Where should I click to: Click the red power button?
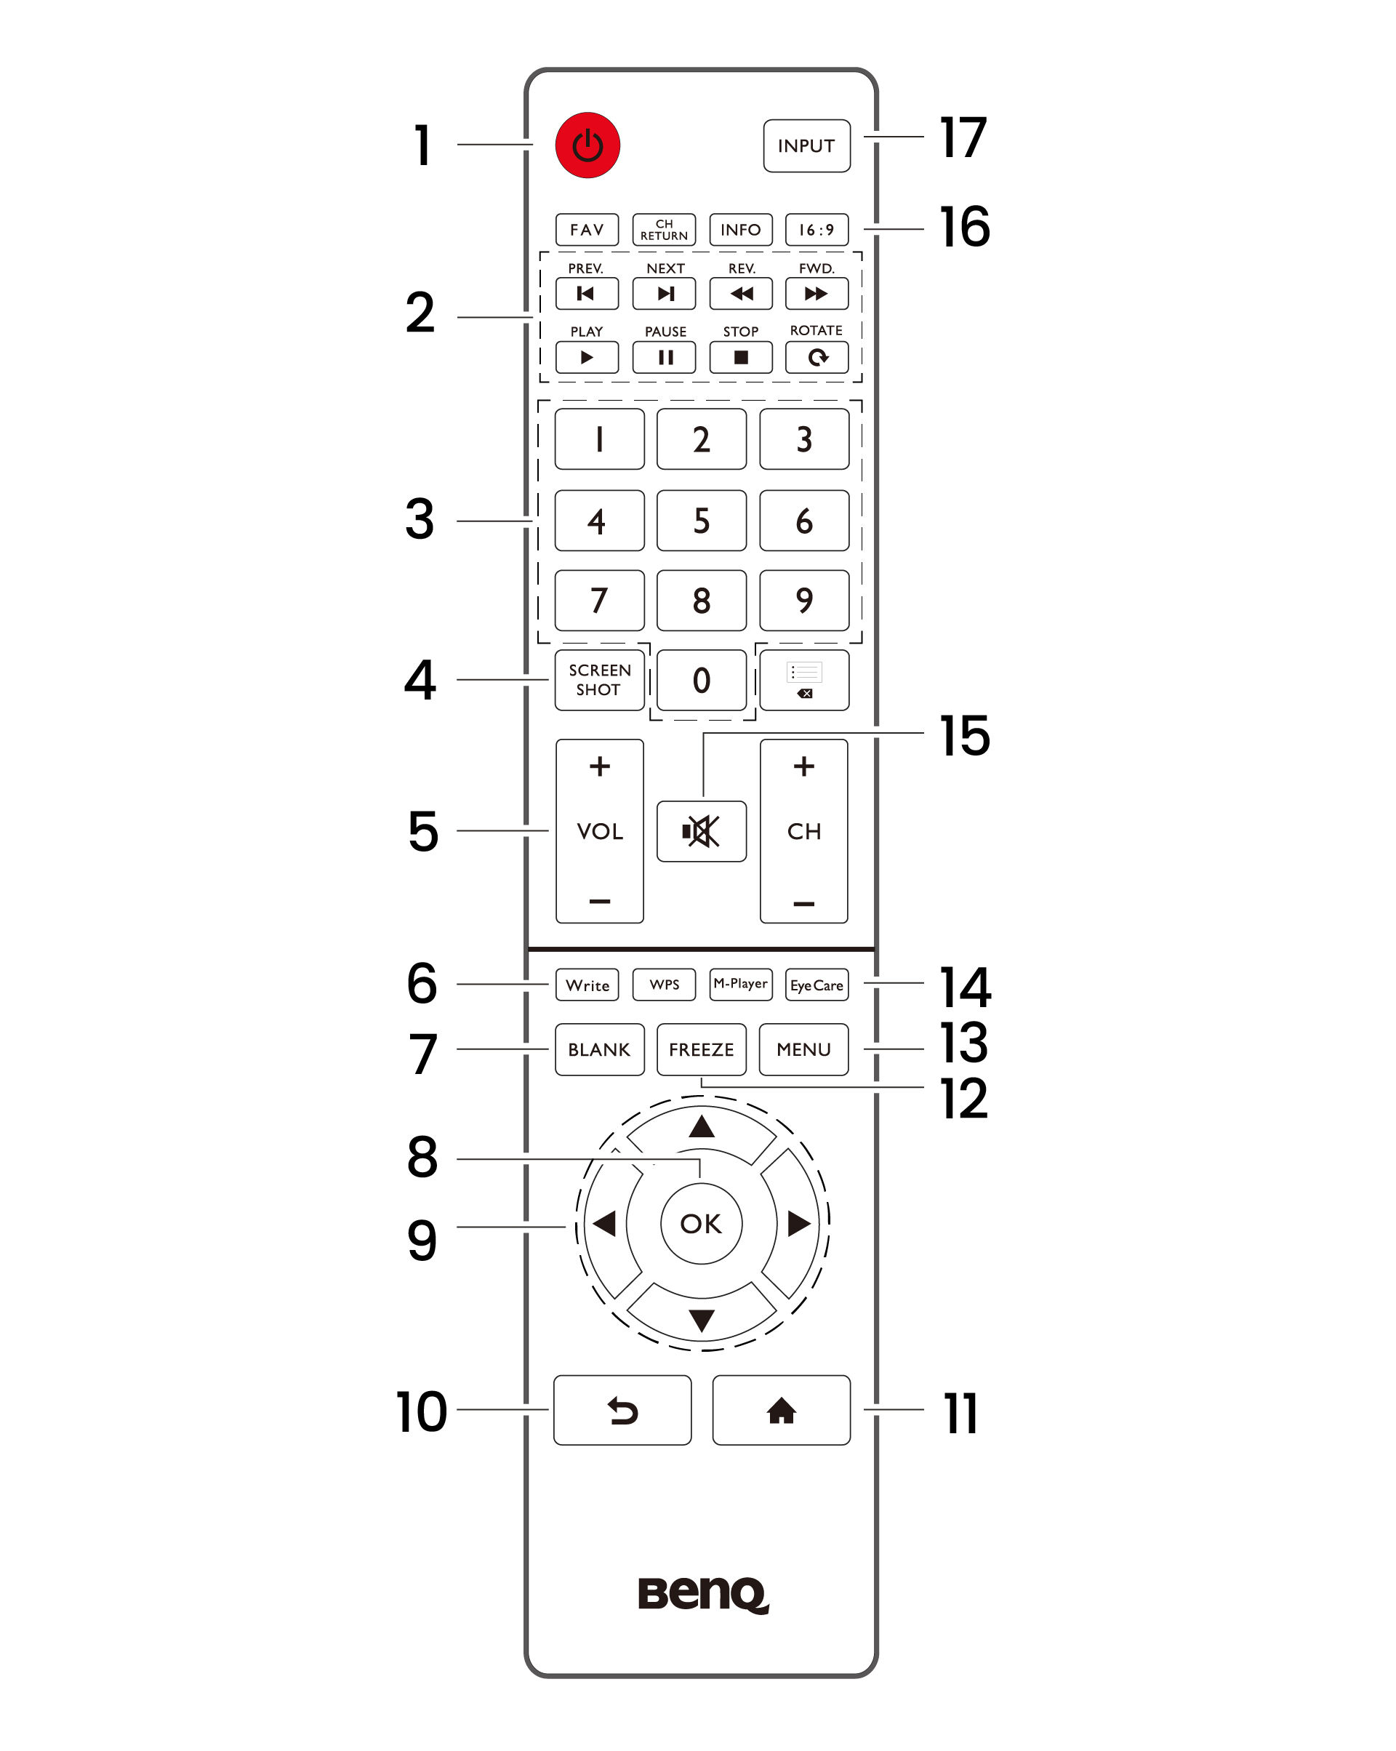587,145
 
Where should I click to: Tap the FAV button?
586,230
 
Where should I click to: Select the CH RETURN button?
664,230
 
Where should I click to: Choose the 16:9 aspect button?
817,230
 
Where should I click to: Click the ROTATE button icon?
817,357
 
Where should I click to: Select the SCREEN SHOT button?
599,680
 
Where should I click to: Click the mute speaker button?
701,831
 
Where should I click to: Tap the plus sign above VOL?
599,766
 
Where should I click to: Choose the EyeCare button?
817,985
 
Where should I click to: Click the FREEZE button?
701,1049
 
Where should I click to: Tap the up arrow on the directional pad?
701,1126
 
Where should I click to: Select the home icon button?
780,1411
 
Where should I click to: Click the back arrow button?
622,1411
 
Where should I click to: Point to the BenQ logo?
702,1594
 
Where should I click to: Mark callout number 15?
964,736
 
